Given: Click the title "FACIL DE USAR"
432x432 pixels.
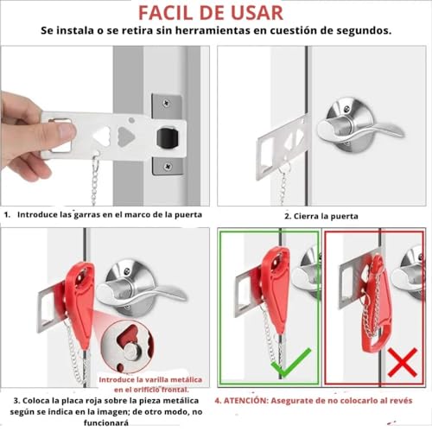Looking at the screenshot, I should point(215,12).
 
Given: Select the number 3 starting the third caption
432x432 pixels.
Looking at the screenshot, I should point(7,402).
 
